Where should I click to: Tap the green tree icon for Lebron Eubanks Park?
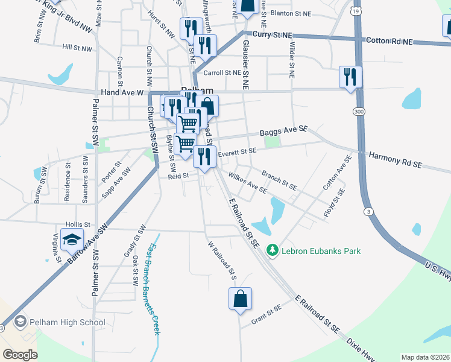272,249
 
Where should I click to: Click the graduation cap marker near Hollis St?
72,240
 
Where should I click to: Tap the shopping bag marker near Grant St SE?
240,298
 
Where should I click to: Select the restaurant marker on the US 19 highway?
350,77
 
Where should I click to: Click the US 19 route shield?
356,11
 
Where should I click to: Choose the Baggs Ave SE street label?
284,130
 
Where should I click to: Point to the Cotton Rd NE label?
389,41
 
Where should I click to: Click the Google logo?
20,355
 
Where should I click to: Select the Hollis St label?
78,224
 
